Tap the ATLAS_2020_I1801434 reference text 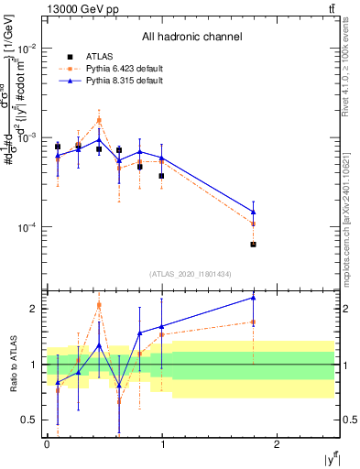pos(191,274)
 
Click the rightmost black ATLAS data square pos(254,245)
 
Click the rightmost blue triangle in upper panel pos(254,212)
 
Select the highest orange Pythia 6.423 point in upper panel pos(99,120)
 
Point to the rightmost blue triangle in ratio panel pos(254,298)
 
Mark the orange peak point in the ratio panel pos(99,305)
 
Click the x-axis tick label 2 pos(278,443)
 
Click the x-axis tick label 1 pos(162,443)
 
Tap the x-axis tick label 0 pos(47,443)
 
